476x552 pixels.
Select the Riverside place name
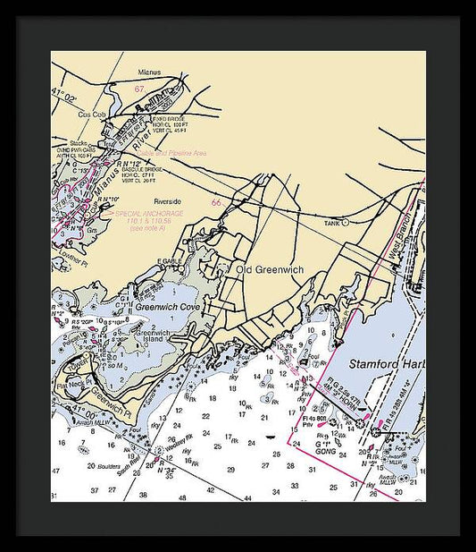pyautogui.click(x=167, y=201)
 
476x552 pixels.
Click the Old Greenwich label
pyautogui.click(x=270, y=269)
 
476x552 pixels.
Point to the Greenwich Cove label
pyautogui.click(x=168, y=307)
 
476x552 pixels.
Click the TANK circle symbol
pyautogui.click(x=345, y=224)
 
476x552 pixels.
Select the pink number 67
pyautogui.click(x=139, y=89)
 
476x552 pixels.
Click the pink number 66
pyautogui.click(x=215, y=202)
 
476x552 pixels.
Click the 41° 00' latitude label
pyautogui.click(x=69, y=416)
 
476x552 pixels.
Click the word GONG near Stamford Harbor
pyautogui.click(x=325, y=453)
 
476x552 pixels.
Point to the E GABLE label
pyautogui.click(x=170, y=261)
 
